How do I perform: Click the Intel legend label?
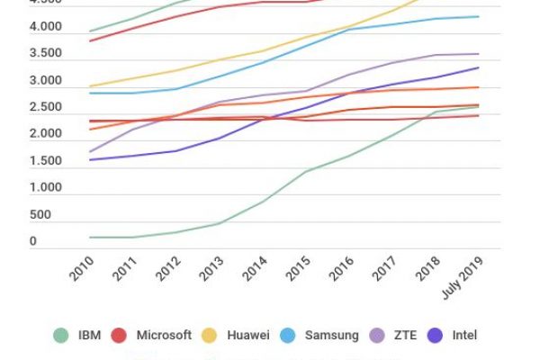(465, 335)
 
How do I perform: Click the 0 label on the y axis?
(32, 242)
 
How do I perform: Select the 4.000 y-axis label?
(45, 28)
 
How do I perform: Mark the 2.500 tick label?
(45, 108)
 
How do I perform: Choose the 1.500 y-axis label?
(45, 162)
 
